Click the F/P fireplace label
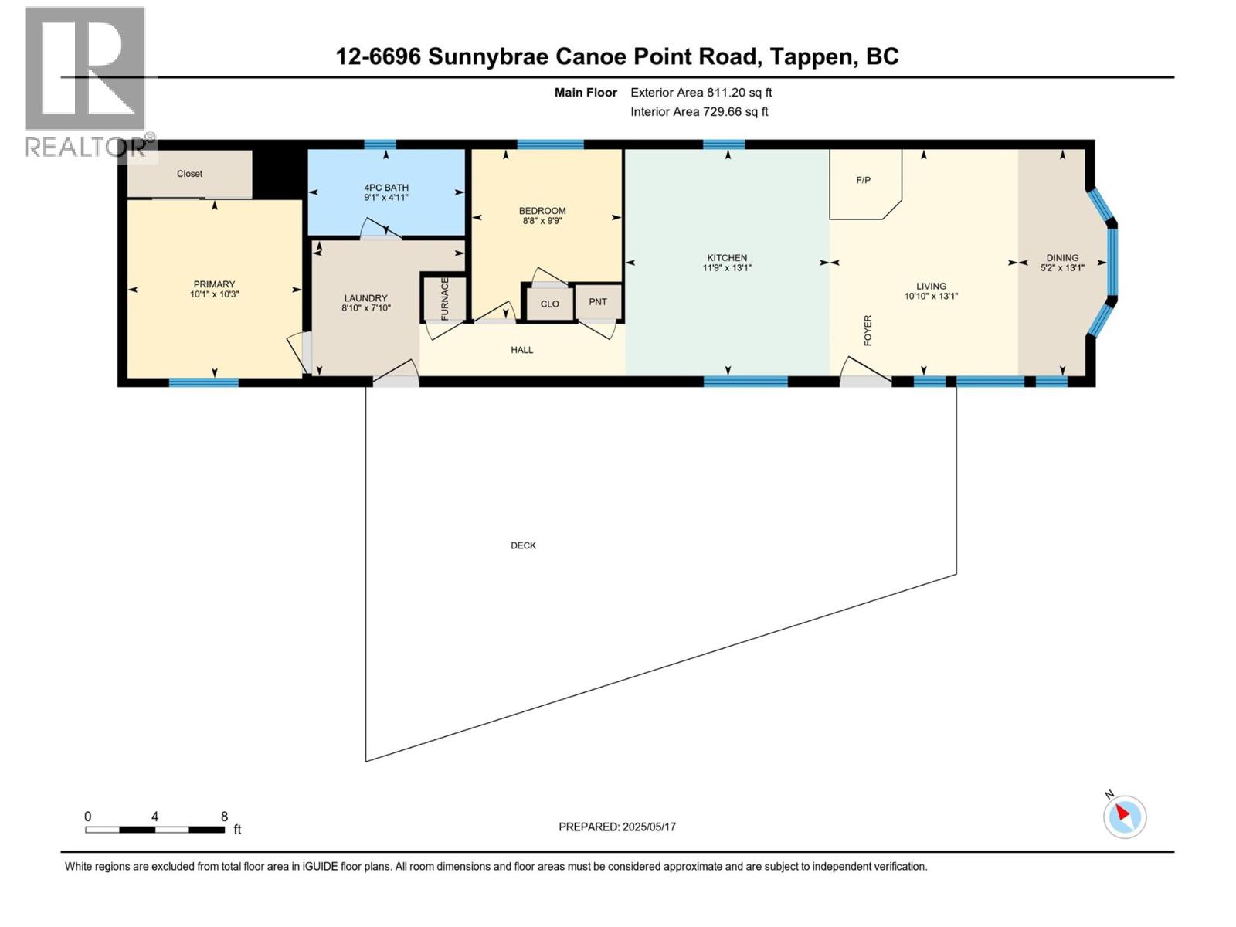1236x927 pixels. pyautogui.click(x=863, y=180)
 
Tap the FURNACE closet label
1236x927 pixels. pyautogui.click(x=445, y=298)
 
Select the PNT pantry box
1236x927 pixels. pyautogui.click(x=598, y=302)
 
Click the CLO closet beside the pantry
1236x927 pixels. pyautogui.click(x=549, y=304)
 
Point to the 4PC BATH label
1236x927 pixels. pyautogui.click(x=386, y=188)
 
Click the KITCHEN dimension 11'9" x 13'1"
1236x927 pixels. pyautogui.click(x=727, y=268)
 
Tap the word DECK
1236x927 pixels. pyautogui.click(x=523, y=545)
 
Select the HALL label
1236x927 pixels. pyautogui.click(x=521, y=350)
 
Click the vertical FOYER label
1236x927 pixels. pyautogui.click(x=868, y=330)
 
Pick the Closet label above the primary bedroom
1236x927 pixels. pyautogui.click(x=189, y=174)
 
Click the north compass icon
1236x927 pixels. pyautogui.click(x=1124, y=817)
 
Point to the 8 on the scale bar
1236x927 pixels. pyautogui.click(x=224, y=817)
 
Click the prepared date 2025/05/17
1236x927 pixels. pyautogui.click(x=649, y=827)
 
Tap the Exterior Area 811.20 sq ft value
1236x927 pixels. pyautogui.click(x=701, y=93)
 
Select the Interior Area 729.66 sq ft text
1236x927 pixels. pyautogui.click(x=699, y=112)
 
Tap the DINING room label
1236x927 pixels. pyautogui.click(x=1062, y=258)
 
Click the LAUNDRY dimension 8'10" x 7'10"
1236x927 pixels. pyautogui.click(x=366, y=308)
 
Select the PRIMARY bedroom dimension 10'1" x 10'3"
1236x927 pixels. pyautogui.click(x=214, y=294)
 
